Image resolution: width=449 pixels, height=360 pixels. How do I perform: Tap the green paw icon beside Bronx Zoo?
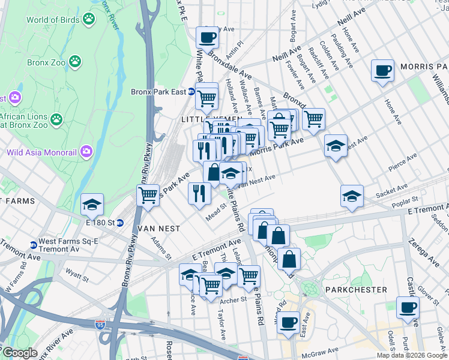click(x=75, y=61)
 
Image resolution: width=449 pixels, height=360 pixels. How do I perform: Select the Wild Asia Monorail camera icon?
click(x=85, y=152)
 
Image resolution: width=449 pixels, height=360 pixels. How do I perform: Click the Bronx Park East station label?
click(x=159, y=92)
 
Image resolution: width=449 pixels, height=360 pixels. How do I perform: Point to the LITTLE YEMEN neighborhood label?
click(x=206, y=120)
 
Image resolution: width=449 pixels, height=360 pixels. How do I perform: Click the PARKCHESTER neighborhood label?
click(x=355, y=289)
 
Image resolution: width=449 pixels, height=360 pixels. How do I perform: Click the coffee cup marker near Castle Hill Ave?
click(x=408, y=307)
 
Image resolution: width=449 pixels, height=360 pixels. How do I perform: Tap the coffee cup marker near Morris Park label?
click(x=382, y=71)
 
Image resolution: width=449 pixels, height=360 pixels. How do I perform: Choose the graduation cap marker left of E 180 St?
click(x=92, y=204)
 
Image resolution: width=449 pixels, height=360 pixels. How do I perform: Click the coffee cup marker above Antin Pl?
click(x=208, y=37)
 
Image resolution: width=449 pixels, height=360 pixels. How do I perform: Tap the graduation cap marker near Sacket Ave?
click(x=352, y=196)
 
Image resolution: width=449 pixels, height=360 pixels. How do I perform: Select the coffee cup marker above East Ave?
click(x=288, y=322)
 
